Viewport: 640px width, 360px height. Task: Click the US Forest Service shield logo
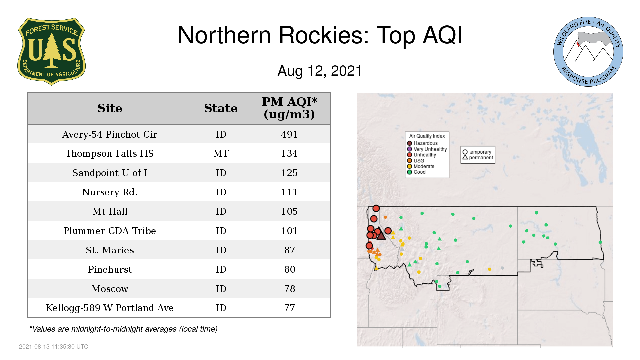pyautogui.click(x=51, y=52)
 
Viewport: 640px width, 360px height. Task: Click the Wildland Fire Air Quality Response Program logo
pyautogui.click(x=588, y=52)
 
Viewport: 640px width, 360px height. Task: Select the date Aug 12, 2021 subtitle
pyautogui.click(x=320, y=71)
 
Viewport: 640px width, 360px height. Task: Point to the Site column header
pyautogui.click(x=110, y=108)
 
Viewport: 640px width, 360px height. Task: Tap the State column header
pyautogui.click(x=221, y=108)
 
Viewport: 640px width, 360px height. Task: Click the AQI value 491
pyautogui.click(x=289, y=134)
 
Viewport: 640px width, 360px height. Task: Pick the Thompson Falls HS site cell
pyautogui.click(x=110, y=154)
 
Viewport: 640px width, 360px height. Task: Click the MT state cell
pyautogui.click(x=221, y=154)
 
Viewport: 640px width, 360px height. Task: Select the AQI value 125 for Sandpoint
pyautogui.click(x=289, y=173)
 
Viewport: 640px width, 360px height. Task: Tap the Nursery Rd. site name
pyautogui.click(x=110, y=192)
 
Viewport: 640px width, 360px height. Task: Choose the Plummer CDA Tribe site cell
pyautogui.click(x=110, y=231)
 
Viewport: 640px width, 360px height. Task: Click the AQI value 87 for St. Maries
pyautogui.click(x=290, y=250)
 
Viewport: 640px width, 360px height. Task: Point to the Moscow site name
pyautogui.click(x=110, y=289)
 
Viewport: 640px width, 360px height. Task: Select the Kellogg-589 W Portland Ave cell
pyautogui.click(x=110, y=308)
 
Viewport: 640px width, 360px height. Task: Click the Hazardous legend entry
pyautogui.click(x=422, y=143)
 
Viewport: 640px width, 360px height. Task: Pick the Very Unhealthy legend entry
pyautogui.click(x=427, y=149)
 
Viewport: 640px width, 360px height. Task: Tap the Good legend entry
pyautogui.click(x=416, y=172)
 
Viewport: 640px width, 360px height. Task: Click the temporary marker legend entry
pyautogui.click(x=477, y=152)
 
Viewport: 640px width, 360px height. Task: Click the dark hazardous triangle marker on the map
pyautogui.click(x=381, y=235)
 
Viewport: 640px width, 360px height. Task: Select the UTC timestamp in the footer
pyautogui.click(x=54, y=347)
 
